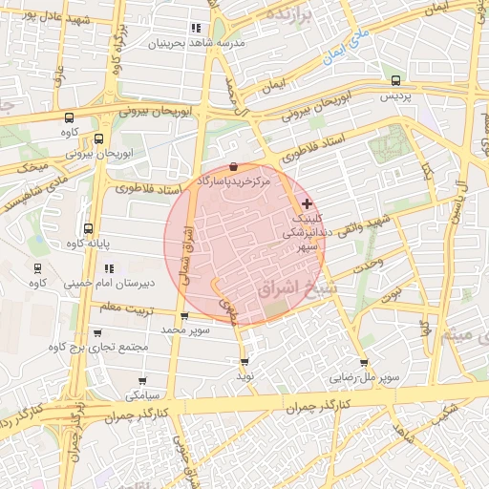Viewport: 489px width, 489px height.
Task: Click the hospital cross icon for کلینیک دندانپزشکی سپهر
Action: click(x=307, y=204)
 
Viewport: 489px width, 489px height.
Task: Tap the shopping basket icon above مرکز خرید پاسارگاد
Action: click(x=234, y=166)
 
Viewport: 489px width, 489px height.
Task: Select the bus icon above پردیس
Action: click(x=396, y=81)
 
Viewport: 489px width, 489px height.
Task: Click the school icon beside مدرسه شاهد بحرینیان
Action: click(x=197, y=29)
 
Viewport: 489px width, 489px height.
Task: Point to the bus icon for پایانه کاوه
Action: click(x=88, y=229)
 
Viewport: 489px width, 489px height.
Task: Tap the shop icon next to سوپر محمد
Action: click(x=184, y=314)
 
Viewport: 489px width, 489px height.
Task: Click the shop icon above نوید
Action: click(x=245, y=362)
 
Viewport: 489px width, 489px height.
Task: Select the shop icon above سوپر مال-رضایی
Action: click(x=364, y=363)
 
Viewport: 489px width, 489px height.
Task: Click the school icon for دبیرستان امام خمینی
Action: click(x=37, y=268)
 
